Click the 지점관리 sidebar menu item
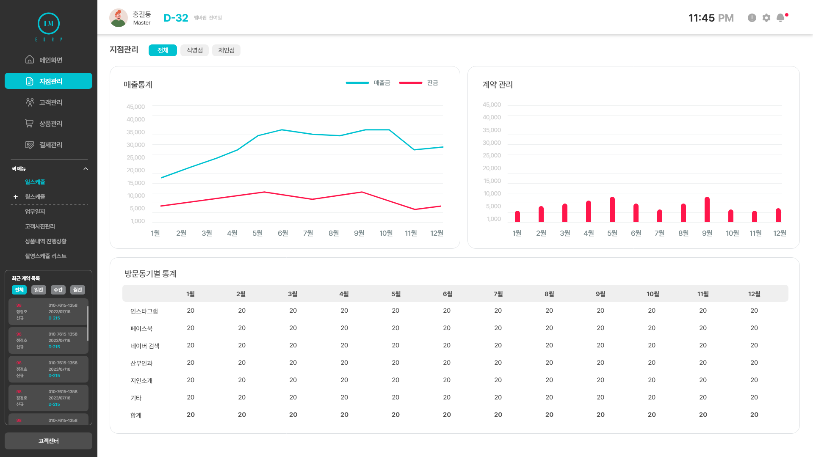48,81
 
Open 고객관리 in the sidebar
48,102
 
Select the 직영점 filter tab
194,50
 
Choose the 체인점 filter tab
226,50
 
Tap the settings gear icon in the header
766,18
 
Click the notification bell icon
780,18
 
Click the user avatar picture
118,18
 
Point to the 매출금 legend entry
368,83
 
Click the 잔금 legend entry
419,83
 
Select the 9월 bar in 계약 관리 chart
707,210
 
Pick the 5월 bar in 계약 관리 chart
612,210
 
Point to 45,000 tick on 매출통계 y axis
135,107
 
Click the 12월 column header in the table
754,294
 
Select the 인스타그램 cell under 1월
191,311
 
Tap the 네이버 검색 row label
145,346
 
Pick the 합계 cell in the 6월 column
447,415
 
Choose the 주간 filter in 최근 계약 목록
58,290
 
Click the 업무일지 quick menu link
35,212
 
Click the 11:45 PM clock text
711,18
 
